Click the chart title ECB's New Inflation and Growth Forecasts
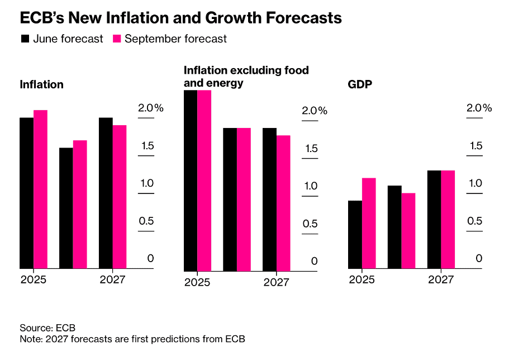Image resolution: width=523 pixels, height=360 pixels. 180,18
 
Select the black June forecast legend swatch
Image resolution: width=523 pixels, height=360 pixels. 25,39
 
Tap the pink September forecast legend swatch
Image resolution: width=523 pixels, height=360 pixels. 117,39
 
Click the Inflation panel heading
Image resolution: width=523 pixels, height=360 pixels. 41,85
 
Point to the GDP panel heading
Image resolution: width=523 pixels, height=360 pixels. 360,85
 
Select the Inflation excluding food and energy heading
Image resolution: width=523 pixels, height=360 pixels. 246,77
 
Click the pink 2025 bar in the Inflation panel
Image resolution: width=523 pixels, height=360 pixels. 40,190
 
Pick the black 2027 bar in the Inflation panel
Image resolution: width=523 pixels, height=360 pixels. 106,193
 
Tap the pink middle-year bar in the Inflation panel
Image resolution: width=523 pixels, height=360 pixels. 80,204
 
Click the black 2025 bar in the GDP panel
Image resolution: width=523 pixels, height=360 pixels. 355,234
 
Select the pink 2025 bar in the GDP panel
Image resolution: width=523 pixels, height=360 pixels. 369,223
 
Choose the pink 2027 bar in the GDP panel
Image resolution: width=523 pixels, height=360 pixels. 448,219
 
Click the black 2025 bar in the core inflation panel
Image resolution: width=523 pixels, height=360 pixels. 191,180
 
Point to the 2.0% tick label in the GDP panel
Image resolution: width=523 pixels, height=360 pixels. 479,108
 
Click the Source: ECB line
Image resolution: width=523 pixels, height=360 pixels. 47,328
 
